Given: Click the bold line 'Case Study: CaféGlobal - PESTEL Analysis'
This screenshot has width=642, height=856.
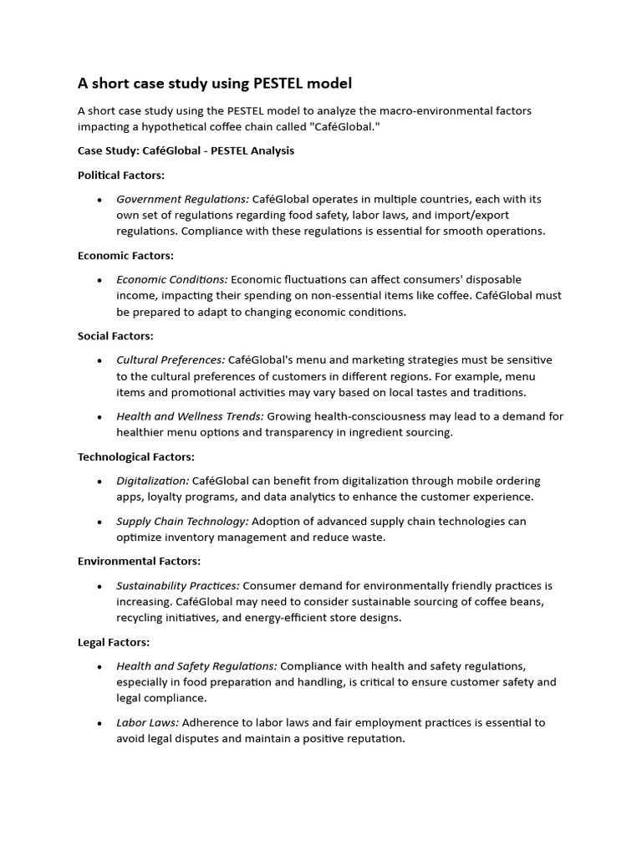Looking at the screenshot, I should click(186, 151).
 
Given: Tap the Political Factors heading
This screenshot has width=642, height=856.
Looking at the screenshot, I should click(121, 176).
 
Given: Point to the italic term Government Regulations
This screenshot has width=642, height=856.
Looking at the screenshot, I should click(182, 199).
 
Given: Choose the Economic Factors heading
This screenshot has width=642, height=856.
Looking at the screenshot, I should click(125, 256).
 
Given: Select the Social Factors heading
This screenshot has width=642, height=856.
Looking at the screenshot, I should click(115, 336).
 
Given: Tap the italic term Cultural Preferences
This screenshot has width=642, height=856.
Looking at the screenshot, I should click(171, 359).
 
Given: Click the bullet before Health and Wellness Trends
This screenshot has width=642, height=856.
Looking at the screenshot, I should click(99, 417).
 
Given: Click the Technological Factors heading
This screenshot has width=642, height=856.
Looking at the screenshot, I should click(136, 456).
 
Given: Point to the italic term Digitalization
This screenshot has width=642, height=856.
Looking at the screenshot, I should click(153, 481).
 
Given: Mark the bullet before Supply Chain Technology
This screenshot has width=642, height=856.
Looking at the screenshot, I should click(99, 522).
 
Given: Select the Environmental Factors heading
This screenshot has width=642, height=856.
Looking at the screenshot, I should click(139, 562).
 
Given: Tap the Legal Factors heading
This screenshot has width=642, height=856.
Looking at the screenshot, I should click(114, 642).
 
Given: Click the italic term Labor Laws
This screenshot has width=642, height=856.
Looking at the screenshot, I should click(147, 722).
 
